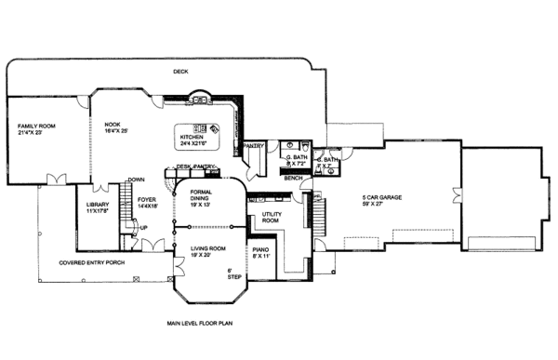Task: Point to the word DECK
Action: (181, 73)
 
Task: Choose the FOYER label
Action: (146, 199)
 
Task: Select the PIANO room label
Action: (261, 249)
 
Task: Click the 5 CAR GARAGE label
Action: (382, 198)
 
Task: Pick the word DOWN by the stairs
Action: (136, 180)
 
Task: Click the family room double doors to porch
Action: (58, 178)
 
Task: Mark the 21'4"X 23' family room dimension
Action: (34, 132)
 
